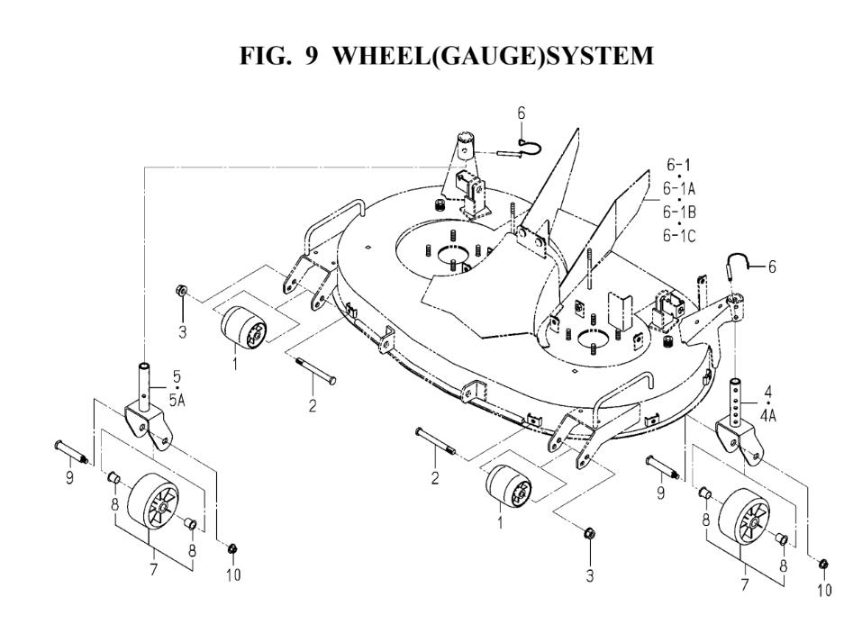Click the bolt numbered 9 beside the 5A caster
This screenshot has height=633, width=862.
click(x=72, y=448)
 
